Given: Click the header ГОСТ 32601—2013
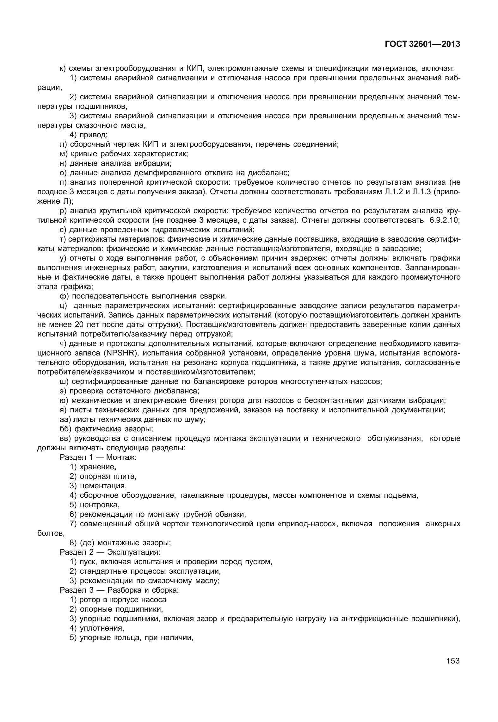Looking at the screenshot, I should (x=422, y=44).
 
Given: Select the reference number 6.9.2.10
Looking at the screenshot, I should (x=445, y=220).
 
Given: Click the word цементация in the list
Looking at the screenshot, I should (x=103, y=486).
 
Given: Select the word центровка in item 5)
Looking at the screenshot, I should (x=100, y=505).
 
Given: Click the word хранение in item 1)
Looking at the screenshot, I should (x=98, y=467).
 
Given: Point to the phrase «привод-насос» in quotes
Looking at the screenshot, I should (x=306, y=524).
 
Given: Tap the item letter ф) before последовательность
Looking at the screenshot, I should (x=64, y=296).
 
